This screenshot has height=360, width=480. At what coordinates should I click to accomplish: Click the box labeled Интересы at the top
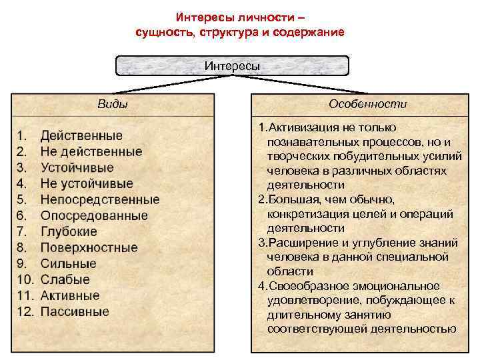coord(232,65)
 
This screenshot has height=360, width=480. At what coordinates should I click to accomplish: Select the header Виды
coord(113,104)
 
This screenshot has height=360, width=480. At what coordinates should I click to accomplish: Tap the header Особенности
coord(368,104)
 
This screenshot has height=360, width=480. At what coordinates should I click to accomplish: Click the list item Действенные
coord(81,136)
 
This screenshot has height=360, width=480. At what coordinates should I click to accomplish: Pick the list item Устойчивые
coord(77,168)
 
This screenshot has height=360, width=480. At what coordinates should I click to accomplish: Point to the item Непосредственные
coord(100,199)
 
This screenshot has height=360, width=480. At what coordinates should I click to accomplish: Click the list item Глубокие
coord(69,232)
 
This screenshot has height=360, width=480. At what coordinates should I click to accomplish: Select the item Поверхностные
coord(89,248)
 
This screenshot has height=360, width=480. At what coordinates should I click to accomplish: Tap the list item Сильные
coord(69,263)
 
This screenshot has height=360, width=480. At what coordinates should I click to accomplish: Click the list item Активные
coord(70,295)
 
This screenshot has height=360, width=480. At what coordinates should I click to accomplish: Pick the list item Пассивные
coord(75,311)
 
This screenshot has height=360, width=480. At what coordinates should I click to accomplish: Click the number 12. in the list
coord(25,311)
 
